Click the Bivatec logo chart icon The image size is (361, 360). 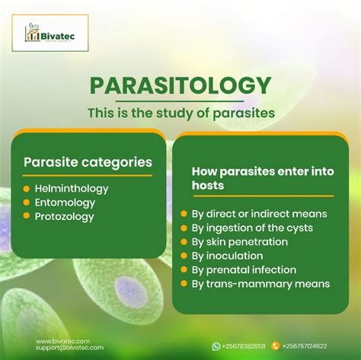coord(32,33)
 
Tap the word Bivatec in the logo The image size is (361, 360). coord(58,37)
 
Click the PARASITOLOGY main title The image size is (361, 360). coord(180,86)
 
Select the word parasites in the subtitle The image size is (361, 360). coord(244,113)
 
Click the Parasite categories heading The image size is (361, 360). coord(88,162)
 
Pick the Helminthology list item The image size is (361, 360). coord(72,189)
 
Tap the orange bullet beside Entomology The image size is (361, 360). coord(27,202)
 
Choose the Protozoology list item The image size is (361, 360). coord(64,217)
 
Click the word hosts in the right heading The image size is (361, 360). coord(208,185)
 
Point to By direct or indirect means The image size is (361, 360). coord(259,214)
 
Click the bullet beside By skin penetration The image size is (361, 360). coord(184,241)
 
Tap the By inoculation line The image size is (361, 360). coord(227,256)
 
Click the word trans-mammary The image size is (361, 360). coord(249,284)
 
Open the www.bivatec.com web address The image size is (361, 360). coord(62,342)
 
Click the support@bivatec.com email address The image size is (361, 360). coord(69,348)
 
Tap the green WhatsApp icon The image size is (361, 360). coord(216,346)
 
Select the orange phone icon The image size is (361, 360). coord(276,346)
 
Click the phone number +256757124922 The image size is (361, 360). coord(305,346)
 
